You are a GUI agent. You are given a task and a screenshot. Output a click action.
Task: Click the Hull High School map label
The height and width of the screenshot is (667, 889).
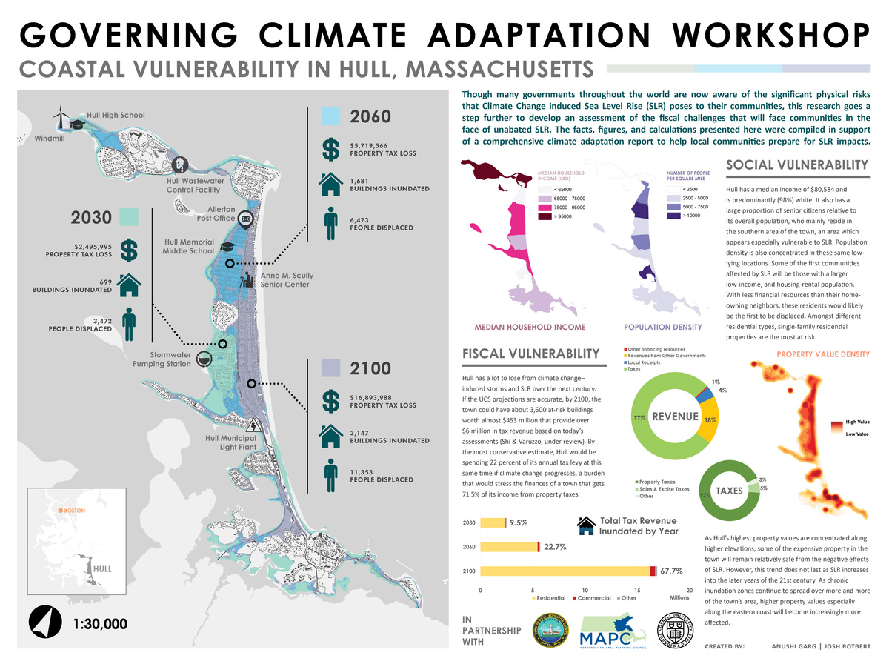tap(116, 115)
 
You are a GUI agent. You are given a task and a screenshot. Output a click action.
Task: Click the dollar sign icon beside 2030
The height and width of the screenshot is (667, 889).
tap(129, 250)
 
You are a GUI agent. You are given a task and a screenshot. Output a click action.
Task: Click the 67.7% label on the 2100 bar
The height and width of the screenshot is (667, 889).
tap(671, 571)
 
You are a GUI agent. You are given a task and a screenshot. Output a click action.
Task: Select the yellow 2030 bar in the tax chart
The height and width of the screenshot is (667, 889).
tap(492, 522)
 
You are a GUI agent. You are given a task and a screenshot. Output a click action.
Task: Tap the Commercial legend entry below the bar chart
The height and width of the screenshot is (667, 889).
tap(593, 597)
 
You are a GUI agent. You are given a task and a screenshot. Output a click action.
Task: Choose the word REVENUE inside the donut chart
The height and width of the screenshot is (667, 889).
tap(674, 416)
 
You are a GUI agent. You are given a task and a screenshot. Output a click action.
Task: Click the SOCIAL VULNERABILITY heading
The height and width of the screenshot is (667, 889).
tap(796, 165)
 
